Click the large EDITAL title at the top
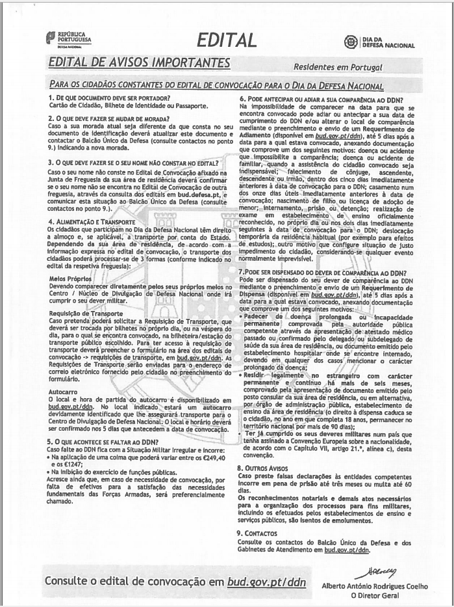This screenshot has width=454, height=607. tap(227, 40)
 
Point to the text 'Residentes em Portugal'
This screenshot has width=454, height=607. tap(338, 68)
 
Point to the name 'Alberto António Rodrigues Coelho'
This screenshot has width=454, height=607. tap(375, 586)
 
